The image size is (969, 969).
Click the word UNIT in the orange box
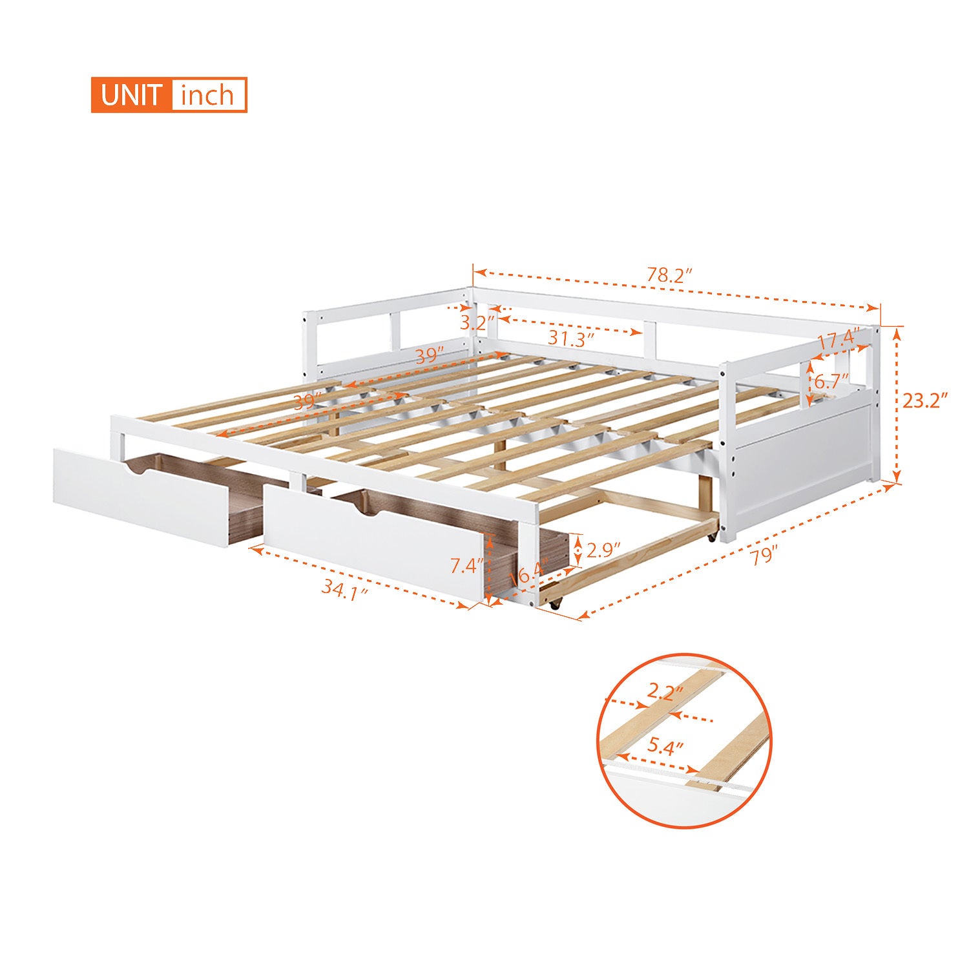pyautogui.click(x=131, y=95)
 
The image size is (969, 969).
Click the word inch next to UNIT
pyautogui.click(x=207, y=95)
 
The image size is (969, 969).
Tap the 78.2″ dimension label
pyautogui.click(x=669, y=275)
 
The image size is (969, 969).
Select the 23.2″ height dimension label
pyautogui.click(x=924, y=401)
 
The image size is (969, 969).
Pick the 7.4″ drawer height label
pyautogui.click(x=466, y=566)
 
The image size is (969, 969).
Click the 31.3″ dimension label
pyautogui.click(x=571, y=337)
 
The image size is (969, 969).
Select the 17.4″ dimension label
pyautogui.click(x=839, y=340)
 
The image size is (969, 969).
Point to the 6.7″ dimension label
pyautogui.click(x=831, y=381)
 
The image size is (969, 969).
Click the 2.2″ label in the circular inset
pyautogui.click(x=665, y=694)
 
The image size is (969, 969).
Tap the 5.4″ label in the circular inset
pyautogui.click(x=665, y=747)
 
